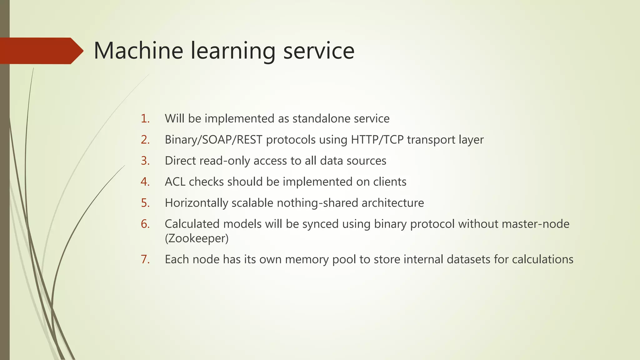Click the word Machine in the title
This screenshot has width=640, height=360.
138,51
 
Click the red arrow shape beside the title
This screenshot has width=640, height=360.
41,51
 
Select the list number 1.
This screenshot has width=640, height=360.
145,119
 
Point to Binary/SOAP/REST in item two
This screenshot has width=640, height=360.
213,140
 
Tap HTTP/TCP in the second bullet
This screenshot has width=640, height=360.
377,140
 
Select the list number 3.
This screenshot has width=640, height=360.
145,161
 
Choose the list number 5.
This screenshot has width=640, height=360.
145,203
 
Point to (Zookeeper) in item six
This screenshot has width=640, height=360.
197,238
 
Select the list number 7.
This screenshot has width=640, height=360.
145,259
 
